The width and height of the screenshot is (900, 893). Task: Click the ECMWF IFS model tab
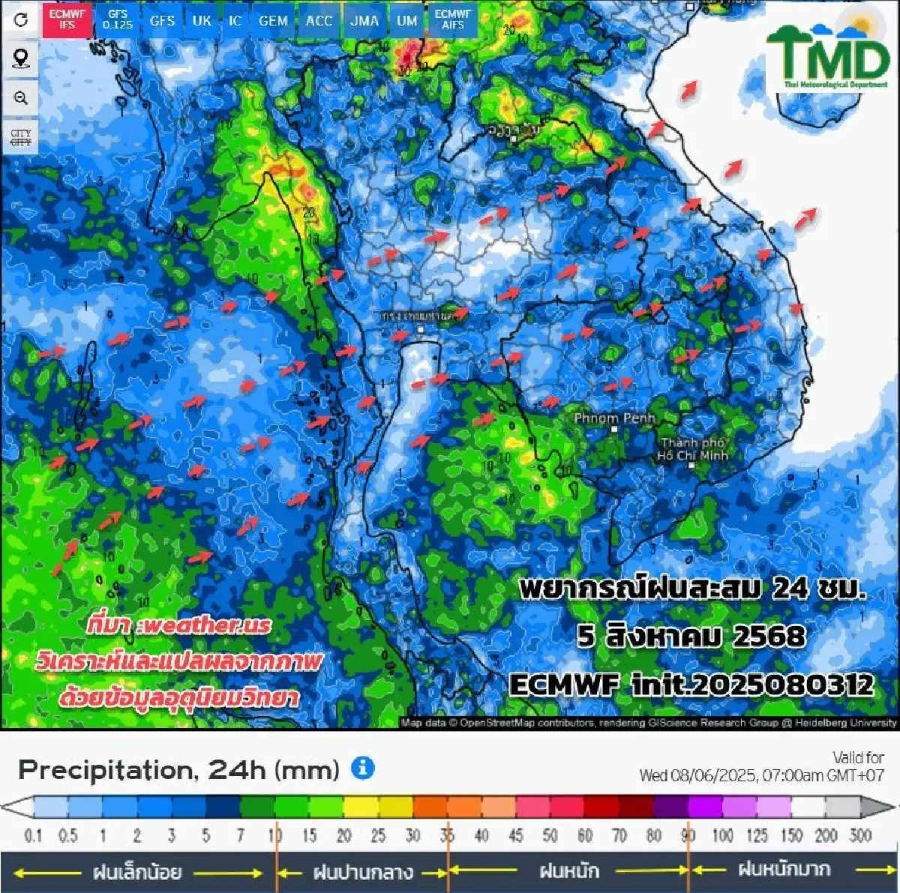point(67,19)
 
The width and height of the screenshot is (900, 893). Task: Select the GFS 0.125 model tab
point(118,19)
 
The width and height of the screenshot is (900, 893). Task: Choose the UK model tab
point(202,20)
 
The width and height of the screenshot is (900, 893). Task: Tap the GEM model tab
point(273,20)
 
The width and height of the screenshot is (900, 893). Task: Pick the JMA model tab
point(364,20)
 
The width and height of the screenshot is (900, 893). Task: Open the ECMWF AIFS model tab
point(453,19)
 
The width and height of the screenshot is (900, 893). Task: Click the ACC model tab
point(319,20)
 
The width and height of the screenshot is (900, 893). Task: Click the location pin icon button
point(21,58)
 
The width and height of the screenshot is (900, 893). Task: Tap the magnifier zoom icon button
point(21,97)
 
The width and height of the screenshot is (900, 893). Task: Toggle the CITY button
point(21,137)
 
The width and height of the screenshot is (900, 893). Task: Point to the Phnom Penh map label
point(614,418)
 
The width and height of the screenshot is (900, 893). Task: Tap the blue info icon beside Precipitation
point(362,768)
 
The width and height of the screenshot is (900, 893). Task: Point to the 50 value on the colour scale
point(550,835)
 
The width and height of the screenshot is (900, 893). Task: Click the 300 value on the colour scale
point(859,835)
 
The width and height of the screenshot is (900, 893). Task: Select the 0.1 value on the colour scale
point(33,835)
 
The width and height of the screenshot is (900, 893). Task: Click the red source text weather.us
point(178,625)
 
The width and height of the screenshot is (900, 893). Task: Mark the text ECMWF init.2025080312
point(691,684)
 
